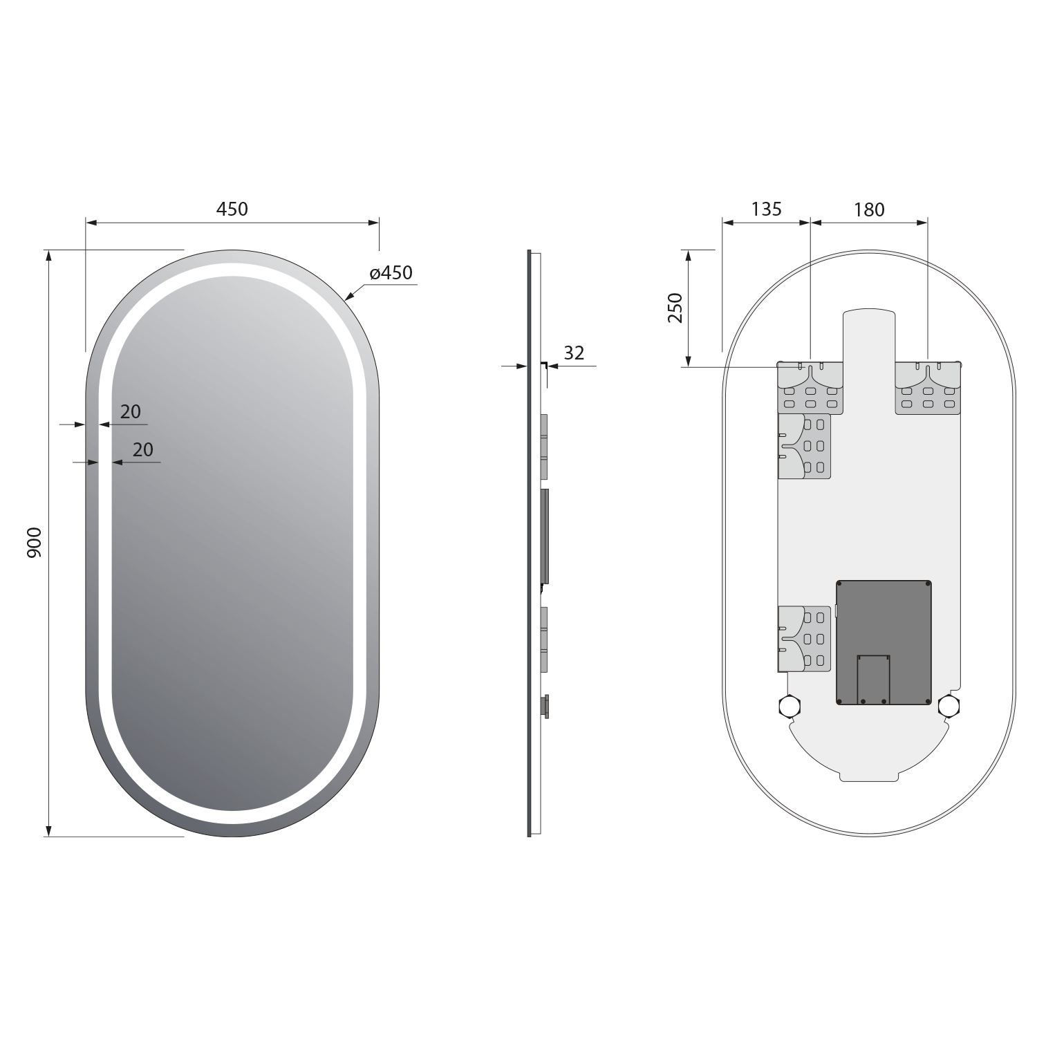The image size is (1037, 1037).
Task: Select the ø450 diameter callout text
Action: click(391, 273)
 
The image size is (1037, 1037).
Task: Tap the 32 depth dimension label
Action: click(574, 353)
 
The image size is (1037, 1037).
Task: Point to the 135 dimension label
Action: click(766, 209)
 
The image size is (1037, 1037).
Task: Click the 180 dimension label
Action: click(869, 209)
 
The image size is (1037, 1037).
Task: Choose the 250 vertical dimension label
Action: click(675, 308)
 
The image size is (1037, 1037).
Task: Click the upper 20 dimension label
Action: click(131, 412)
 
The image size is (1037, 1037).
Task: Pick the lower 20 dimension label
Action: click(142, 449)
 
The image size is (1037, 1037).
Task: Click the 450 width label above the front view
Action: click(232, 208)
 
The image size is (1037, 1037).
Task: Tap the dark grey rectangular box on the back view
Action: click(884, 643)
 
